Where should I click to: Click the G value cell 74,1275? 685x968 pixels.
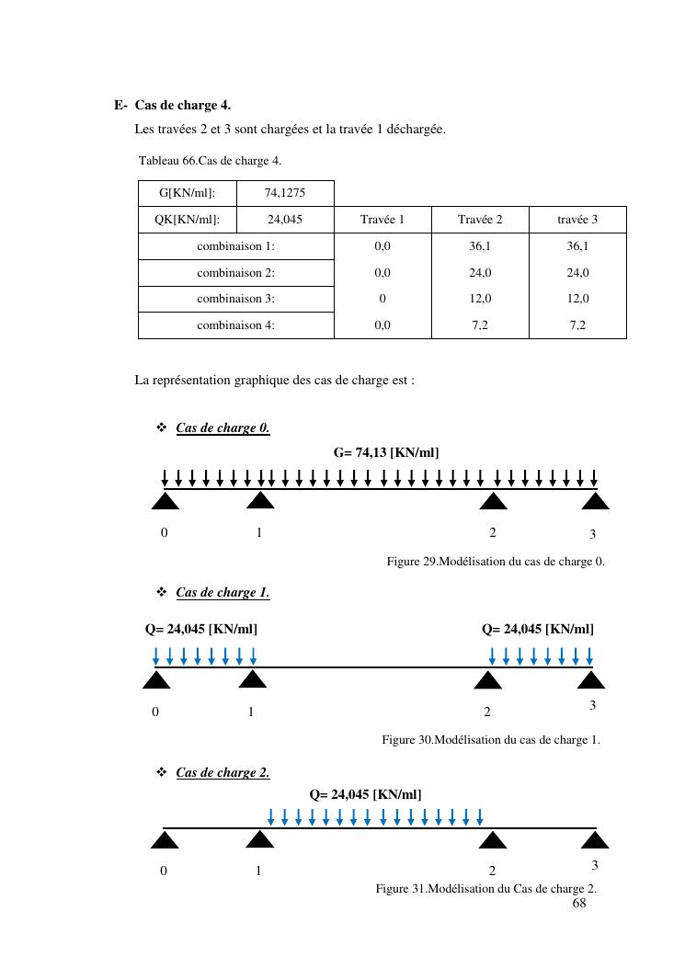(284, 193)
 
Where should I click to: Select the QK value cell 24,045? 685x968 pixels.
(284, 220)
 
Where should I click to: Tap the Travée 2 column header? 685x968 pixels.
(480, 220)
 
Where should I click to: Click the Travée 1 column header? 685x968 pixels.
(382, 220)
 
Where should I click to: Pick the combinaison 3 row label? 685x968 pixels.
(235, 299)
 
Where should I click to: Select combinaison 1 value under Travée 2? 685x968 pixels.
(480, 246)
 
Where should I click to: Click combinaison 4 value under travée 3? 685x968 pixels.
(577, 325)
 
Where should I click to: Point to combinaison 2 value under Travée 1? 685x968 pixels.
(382, 273)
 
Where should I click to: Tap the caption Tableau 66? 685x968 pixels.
(210, 161)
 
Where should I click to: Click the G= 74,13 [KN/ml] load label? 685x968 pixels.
(386, 452)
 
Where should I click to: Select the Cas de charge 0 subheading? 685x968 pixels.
(223, 428)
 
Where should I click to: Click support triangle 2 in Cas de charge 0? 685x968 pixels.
(494, 501)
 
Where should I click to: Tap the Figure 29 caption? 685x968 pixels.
(496, 562)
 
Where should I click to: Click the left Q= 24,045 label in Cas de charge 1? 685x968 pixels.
(201, 630)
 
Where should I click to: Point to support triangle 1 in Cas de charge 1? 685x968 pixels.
(252, 680)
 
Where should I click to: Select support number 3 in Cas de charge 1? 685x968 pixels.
(592, 705)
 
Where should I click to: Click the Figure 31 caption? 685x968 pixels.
(485, 889)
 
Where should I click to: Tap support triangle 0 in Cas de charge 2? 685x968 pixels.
(165, 840)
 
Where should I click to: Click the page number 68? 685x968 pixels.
(579, 904)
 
